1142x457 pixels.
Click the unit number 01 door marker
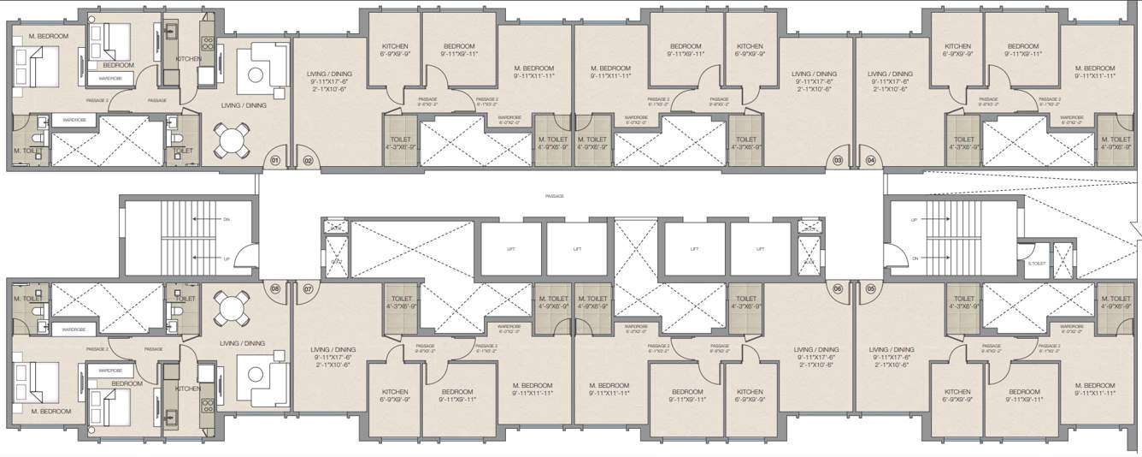click(x=275, y=160)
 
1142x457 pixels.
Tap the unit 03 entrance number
click(x=838, y=160)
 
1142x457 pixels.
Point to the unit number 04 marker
click(x=871, y=160)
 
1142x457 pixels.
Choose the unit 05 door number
click(x=871, y=289)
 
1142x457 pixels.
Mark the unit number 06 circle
click(x=838, y=289)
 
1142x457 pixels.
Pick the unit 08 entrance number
click(x=275, y=289)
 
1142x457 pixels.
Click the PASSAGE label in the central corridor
click(x=555, y=196)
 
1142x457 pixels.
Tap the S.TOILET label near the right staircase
click(x=1037, y=264)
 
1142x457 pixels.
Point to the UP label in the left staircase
click(x=226, y=258)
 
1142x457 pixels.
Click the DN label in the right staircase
click(x=914, y=258)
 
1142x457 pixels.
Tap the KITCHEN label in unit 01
click(x=187, y=59)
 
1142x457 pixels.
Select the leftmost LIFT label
click(x=510, y=249)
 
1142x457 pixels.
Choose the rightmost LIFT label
click(x=760, y=249)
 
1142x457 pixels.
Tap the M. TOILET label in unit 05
click(x=1117, y=306)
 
